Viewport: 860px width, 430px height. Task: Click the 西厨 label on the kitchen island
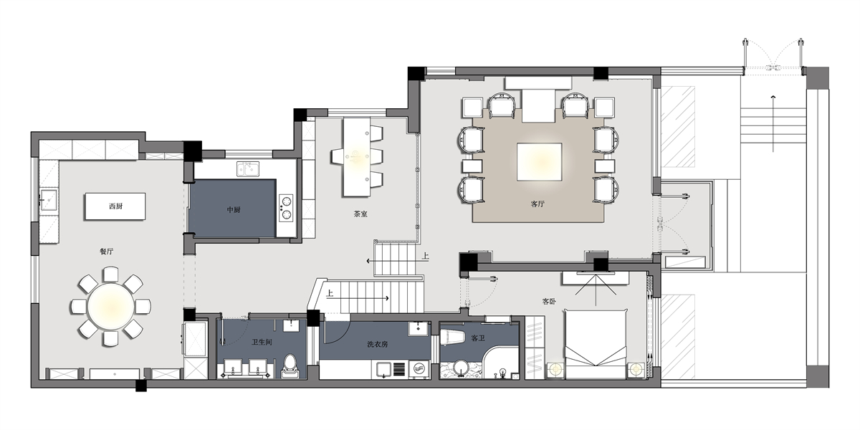(115, 206)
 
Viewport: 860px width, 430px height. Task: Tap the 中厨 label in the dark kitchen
(234, 209)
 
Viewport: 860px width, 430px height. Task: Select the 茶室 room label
(360, 214)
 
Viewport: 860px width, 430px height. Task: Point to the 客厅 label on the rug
(537, 204)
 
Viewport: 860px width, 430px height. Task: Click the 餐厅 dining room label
(106, 252)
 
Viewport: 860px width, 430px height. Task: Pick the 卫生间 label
(262, 342)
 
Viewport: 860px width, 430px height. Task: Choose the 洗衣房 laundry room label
(378, 344)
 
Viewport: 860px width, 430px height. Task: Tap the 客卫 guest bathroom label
(478, 338)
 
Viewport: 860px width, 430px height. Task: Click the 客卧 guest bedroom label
(549, 302)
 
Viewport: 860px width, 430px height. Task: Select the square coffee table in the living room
(539, 162)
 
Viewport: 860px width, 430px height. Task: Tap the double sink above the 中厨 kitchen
(248, 169)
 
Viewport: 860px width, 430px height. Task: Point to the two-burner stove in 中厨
(286, 208)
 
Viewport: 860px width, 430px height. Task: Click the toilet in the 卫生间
(290, 366)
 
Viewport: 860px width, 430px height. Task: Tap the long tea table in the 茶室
(357, 157)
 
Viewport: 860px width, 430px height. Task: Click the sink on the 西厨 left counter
(49, 200)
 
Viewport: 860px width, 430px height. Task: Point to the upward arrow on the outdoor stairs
(773, 123)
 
